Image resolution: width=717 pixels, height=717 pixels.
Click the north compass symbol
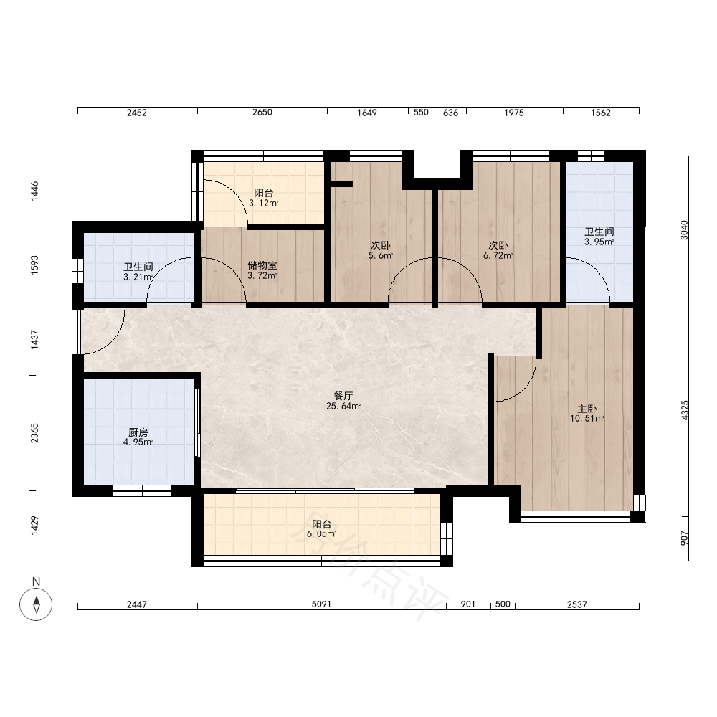[36, 604]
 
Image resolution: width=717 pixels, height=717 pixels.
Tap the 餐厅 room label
[343, 396]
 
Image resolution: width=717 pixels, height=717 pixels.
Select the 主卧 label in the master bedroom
[587, 409]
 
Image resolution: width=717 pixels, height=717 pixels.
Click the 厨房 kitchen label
[138, 432]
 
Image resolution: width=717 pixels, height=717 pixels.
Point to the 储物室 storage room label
[262, 266]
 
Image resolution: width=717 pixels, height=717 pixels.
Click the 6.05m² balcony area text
[321, 534]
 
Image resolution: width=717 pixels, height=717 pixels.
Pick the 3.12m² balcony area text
[264, 203]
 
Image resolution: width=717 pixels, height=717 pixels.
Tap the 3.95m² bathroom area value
[599, 242]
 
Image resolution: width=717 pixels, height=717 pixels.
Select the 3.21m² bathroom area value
[138, 277]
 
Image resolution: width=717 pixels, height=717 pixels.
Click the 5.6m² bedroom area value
[381, 256]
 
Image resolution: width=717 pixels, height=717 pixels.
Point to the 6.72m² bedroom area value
[498, 256]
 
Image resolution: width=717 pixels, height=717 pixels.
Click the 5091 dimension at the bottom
[321, 604]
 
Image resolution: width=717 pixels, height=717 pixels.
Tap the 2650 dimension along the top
[262, 112]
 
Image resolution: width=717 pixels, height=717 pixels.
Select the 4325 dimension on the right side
[685, 410]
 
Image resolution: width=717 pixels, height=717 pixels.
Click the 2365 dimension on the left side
[34, 433]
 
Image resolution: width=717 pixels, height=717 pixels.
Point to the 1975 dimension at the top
[514, 113]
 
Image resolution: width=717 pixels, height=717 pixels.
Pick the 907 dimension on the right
[685, 538]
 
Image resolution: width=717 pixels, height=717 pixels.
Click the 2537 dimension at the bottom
[577, 604]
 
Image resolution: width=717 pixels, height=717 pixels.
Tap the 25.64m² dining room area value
[343, 406]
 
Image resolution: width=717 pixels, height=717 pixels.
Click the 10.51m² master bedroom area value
[587, 419]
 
